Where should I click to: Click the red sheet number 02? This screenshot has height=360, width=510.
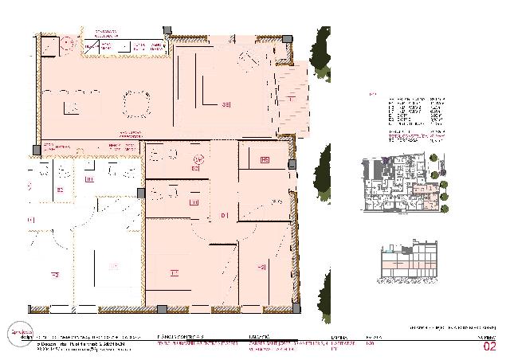point(490,346)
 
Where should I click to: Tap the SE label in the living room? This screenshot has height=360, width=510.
point(226,104)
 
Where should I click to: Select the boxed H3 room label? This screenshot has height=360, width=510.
point(265,161)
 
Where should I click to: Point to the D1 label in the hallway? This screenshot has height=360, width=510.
point(225,215)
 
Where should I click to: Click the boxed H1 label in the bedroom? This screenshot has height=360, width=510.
point(173,273)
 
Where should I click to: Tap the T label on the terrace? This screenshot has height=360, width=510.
point(292,100)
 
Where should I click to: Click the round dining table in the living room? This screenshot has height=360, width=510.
point(135,103)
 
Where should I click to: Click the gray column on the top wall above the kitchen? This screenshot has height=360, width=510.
point(166,31)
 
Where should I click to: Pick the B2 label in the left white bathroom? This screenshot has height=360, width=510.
point(60,190)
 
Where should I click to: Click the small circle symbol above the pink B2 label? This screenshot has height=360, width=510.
point(199,158)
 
